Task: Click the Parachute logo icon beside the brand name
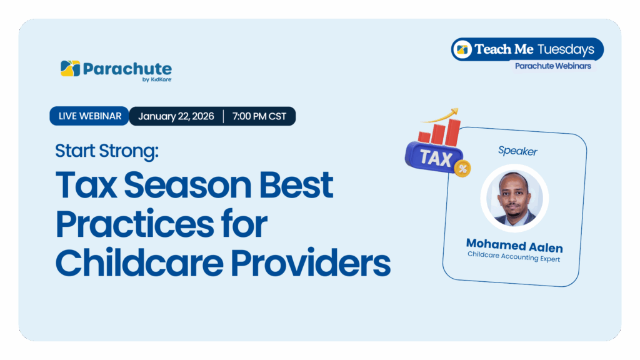(70, 69)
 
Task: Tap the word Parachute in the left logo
(127, 69)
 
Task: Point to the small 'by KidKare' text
(157, 79)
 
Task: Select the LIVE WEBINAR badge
(89, 116)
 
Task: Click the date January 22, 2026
(176, 116)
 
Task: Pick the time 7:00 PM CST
(259, 116)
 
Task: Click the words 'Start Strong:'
(107, 151)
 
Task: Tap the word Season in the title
(187, 185)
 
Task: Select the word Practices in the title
(135, 224)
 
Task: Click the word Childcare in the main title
(139, 262)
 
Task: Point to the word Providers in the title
(311, 262)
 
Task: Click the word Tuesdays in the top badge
(566, 49)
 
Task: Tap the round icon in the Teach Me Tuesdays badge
(462, 50)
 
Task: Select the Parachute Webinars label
(553, 66)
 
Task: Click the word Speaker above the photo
(517, 151)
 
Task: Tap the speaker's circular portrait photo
(515, 198)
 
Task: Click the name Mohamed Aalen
(515, 246)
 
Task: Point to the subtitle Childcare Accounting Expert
(514, 257)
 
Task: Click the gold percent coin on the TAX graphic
(463, 168)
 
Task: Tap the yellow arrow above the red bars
(441, 116)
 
